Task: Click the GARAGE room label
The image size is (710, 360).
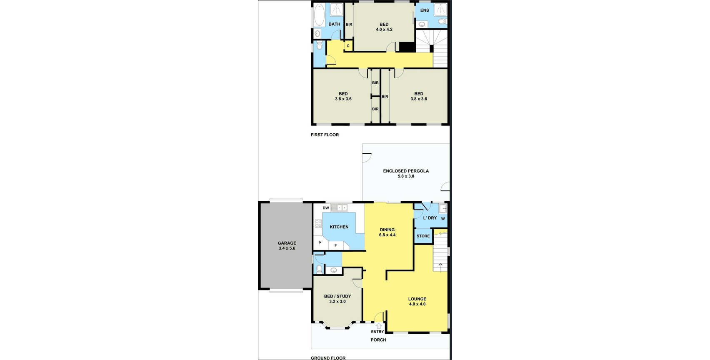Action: point(287,245)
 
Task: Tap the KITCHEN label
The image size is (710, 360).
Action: point(339,227)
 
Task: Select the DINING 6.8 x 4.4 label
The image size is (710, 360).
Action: point(387,232)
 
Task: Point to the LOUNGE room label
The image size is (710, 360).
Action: point(417,301)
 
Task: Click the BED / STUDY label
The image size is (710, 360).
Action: point(337,299)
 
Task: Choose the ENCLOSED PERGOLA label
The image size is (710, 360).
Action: point(406,173)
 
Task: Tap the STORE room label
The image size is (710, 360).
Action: point(423,236)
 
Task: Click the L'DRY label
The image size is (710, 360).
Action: point(430,218)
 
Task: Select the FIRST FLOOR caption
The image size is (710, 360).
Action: point(325,135)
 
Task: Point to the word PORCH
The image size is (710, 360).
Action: point(378,340)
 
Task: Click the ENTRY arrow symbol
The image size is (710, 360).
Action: point(378,326)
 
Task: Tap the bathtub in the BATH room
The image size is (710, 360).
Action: point(319,15)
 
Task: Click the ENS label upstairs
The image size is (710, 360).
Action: point(425,10)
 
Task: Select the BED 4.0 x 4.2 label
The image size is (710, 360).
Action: point(384,27)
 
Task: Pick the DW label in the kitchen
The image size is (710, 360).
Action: point(326,208)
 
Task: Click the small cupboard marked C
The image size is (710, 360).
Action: point(348,46)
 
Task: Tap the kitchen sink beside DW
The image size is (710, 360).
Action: point(339,208)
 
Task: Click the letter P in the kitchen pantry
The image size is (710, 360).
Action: point(320,243)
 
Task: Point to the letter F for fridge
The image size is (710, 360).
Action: point(335,245)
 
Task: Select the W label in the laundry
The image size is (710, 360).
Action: point(443,219)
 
